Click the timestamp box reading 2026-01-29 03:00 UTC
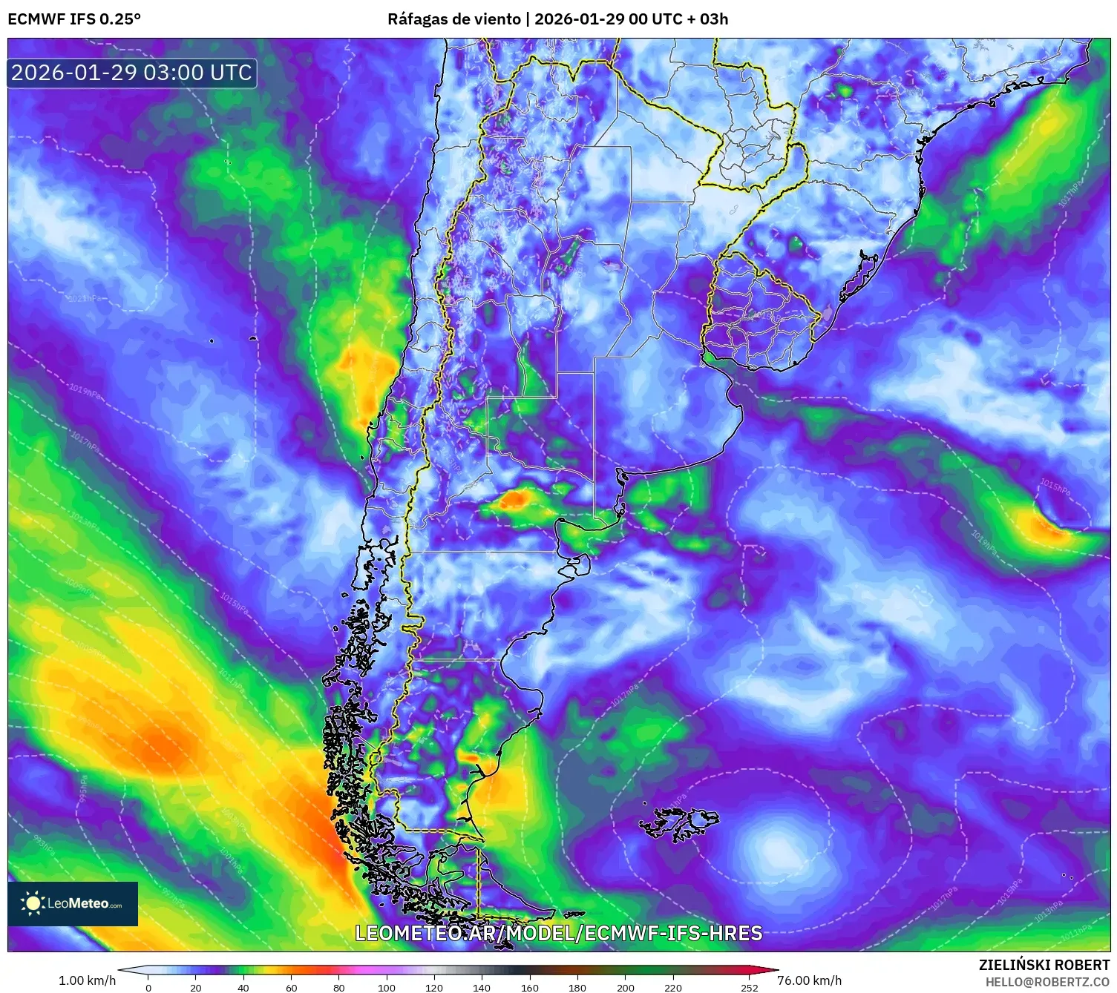pos(132,73)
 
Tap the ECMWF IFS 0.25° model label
pos(74,19)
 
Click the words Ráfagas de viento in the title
pos(453,19)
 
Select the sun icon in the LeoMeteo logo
pos(33,903)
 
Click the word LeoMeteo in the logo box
pos(78,903)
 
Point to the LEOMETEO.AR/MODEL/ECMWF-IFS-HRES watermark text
pos(558,933)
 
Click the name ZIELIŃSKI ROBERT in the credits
pos(1044,965)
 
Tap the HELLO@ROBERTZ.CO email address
pos(1047,982)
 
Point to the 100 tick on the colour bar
pos(387,987)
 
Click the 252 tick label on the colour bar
pos(750,987)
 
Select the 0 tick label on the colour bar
pos(148,987)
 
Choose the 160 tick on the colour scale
pos(530,987)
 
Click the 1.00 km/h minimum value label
pos(88,980)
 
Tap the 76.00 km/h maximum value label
pos(809,980)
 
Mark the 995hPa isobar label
pos(83,789)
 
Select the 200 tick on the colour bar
pos(626,987)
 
